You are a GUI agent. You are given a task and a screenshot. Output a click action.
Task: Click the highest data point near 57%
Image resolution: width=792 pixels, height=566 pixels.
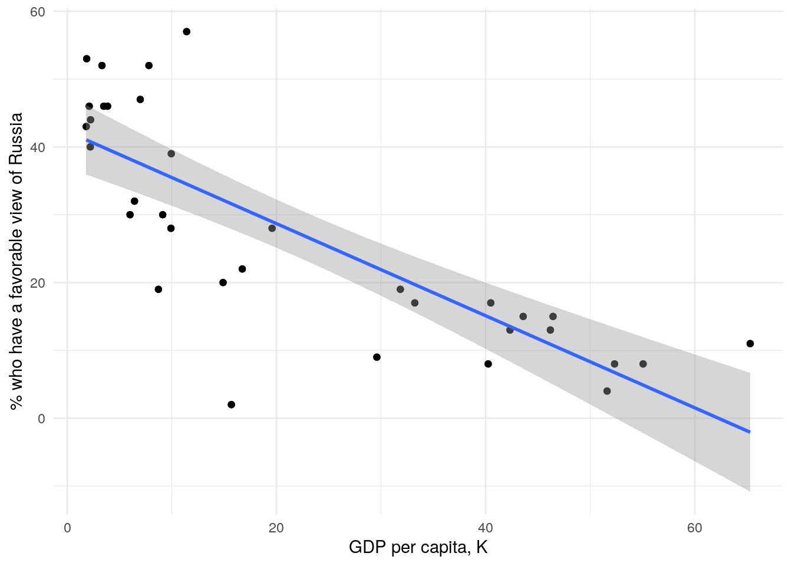click(x=186, y=32)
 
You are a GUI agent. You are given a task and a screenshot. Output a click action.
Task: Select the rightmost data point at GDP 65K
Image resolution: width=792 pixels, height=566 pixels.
click(x=750, y=344)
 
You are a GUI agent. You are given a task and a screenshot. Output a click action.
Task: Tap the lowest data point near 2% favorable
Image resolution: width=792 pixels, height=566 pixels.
click(x=231, y=404)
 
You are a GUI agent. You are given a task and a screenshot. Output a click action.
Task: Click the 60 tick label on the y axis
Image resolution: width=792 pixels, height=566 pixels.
click(x=38, y=11)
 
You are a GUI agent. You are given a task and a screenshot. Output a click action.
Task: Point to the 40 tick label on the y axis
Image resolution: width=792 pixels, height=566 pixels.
click(x=38, y=147)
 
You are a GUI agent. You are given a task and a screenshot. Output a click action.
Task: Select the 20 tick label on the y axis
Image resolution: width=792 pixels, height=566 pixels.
click(x=38, y=282)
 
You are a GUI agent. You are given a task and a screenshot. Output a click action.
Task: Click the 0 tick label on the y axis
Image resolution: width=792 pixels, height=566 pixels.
click(x=41, y=419)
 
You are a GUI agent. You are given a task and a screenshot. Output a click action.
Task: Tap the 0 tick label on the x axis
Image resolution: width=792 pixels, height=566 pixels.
click(x=67, y=528)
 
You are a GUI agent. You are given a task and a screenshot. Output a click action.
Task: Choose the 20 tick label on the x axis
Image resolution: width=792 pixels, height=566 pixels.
click(x=276, y=528)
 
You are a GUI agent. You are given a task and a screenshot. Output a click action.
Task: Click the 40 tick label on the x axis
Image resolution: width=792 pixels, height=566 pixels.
click(x=485, y=528)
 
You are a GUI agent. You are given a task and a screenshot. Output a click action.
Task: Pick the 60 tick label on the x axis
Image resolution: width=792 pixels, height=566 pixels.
click(x=694, y=528)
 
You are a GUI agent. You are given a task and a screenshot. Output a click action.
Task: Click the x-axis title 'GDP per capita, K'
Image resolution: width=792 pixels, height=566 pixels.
click(x=418, y=548)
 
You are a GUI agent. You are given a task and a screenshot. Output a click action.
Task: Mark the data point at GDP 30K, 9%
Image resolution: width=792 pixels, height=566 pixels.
click(x=377, y=357)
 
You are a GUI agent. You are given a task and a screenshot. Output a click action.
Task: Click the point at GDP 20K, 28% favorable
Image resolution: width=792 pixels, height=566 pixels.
click(x=272, y=228)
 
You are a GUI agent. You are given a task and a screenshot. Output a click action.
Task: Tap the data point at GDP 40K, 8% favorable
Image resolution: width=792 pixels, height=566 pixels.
click(x=488, y=364)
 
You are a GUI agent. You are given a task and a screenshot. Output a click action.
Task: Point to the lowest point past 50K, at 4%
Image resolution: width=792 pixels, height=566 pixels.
click(x=607, y=391)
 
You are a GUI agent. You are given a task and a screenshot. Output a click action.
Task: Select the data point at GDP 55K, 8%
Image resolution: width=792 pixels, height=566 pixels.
click(x=643, y=364)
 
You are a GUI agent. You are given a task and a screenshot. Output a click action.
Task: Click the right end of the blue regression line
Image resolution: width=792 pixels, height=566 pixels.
click(x=749, y=432)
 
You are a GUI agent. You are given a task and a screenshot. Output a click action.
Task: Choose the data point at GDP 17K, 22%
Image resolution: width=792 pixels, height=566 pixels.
click(x=242, y=269)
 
